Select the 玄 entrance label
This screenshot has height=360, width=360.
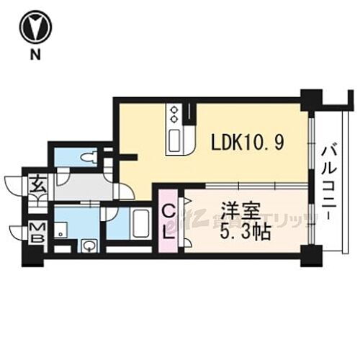36,185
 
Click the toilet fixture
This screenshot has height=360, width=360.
89,157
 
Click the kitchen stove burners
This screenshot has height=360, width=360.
174,114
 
